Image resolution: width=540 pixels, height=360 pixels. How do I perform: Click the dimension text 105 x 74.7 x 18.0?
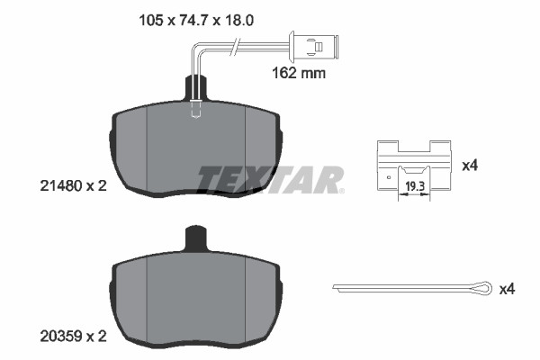click(x=196, y=21)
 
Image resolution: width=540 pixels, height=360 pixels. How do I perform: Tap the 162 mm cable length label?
click(x=299, y=73)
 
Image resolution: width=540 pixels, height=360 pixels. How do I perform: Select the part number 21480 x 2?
click(x=74, y=186)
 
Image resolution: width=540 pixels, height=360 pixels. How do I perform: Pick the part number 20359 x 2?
click(x=74, y=336)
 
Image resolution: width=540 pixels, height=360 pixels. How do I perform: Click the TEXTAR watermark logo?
click(x=270, y=180)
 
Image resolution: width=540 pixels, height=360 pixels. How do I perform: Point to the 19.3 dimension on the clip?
click(x=414, y=186)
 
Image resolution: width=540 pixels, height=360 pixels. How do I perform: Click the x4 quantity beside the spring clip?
click(x=470, y=166)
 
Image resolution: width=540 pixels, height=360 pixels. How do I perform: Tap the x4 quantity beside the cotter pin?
click(x=507, y=289)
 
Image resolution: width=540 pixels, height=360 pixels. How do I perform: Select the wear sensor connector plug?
click(x=314, y=46)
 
